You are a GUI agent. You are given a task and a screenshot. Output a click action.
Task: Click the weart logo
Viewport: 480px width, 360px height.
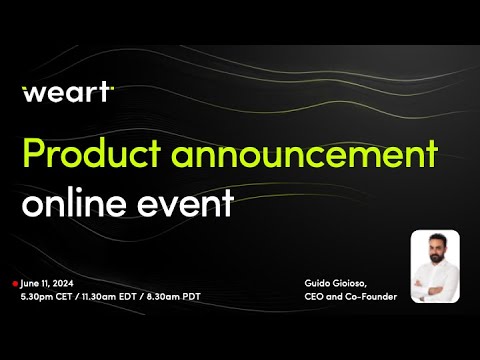click(x=68, y=93)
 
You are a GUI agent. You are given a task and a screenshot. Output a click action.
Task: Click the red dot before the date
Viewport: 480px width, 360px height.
click(x=15, y=284)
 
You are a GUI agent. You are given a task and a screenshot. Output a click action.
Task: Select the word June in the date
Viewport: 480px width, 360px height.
click(x=30, y=284)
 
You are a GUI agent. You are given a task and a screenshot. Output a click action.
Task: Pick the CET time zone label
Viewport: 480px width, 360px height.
click(x=66, y=297)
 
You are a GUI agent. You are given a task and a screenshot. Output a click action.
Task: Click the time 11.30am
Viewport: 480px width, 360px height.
click(x=104, y=297)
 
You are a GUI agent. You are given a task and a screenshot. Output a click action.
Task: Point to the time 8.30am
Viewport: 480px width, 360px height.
click(x=172, y=297)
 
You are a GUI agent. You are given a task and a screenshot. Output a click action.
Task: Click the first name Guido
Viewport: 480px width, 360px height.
click(x=320, y=284)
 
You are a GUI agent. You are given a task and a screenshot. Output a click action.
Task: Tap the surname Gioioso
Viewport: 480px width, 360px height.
click(x=357, y=284)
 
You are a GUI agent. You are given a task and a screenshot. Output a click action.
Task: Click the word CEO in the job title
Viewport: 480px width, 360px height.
click(x=316, y=297)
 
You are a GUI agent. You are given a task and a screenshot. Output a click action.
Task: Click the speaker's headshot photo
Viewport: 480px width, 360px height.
click(x=435, y=266)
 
